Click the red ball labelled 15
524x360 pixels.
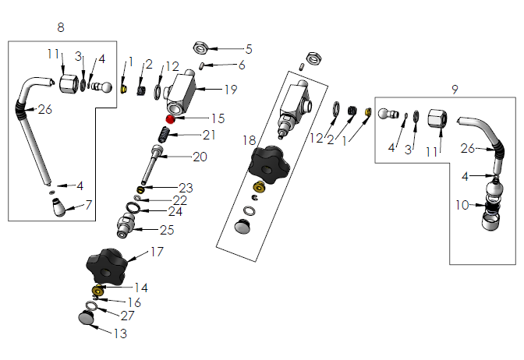point(169,118)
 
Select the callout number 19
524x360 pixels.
point(230,90)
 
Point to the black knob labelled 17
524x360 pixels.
point(108,267)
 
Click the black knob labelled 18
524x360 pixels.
point(269,162)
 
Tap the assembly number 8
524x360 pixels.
point(61,28)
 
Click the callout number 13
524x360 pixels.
point(119,333)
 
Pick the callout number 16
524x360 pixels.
point(134,302)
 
